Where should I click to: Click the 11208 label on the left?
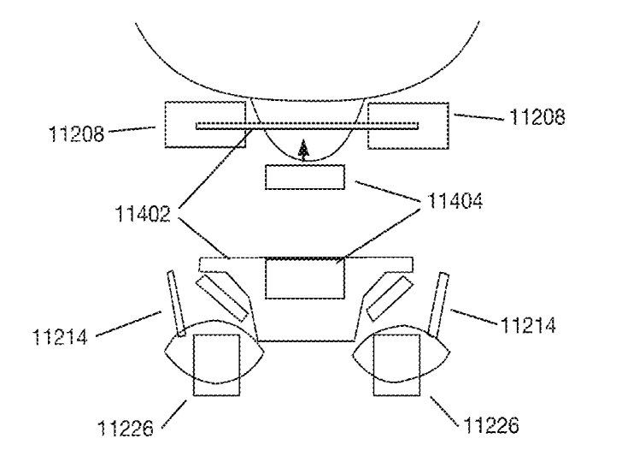click(x=76, y=134)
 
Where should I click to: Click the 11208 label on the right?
click(x=537, y=117)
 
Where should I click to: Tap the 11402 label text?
click(x=143, y=214)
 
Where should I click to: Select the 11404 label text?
click(x=455, y=201)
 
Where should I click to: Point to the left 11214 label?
click(x=60, y=338)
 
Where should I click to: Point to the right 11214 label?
click(x=528, y=325)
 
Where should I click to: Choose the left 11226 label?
click(x=126, y=429)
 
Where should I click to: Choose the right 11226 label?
click(x=491, y=425)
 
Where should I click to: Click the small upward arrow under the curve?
click(x=303, y=151)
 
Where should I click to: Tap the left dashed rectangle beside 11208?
click(x=205, y=124)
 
